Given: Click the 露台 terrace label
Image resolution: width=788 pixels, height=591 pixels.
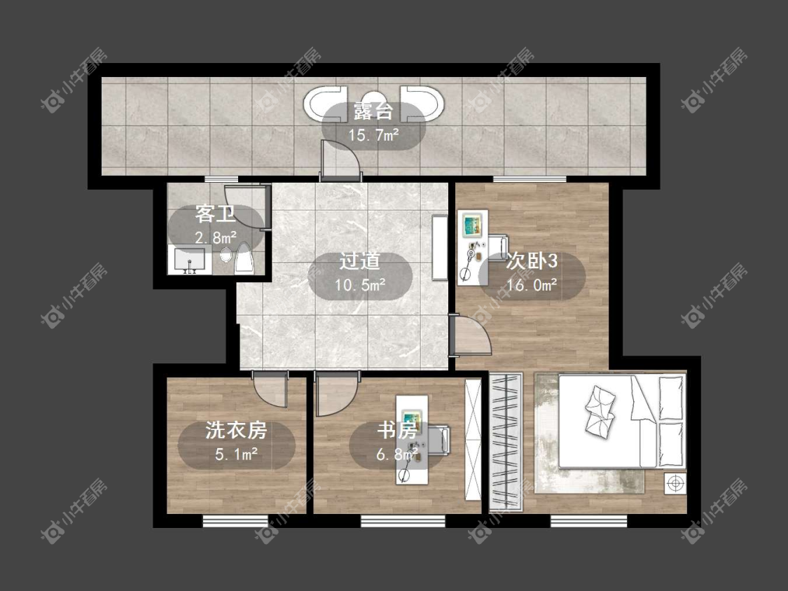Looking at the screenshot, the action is click(373, 111).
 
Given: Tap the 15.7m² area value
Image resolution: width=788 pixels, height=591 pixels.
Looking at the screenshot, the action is click(374, 134).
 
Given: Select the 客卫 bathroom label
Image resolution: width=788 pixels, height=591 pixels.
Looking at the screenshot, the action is click(215, 214).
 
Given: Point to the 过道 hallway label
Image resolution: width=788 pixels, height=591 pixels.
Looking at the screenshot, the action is click(360, 260).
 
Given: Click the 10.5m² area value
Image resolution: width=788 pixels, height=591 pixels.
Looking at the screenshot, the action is click(360, 285).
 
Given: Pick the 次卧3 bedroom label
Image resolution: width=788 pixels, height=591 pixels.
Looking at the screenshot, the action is click(532, 260).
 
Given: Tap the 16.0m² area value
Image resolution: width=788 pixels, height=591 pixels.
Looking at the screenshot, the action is click(532, 285).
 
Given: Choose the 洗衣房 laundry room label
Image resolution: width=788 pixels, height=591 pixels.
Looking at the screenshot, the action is click(236, 430).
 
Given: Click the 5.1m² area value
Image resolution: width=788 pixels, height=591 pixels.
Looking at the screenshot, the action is click(237, 454).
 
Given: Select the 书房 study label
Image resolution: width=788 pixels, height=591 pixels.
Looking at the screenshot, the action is click(397, 430).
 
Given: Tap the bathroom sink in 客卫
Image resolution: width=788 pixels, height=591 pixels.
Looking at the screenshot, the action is click(189, 260).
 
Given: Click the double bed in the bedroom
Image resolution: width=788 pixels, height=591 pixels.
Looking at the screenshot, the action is click(622, 421).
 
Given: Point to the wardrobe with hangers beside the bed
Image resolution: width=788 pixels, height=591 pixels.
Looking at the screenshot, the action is click(506, 442).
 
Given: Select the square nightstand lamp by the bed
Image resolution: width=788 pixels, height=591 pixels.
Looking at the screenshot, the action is click(675, 483).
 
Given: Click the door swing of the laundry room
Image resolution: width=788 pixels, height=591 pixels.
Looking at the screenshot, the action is click(270, 390).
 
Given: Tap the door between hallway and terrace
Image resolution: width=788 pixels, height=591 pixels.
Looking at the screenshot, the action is click(340, 160).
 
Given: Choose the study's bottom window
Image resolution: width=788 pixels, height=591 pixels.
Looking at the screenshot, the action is click(403, 521).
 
